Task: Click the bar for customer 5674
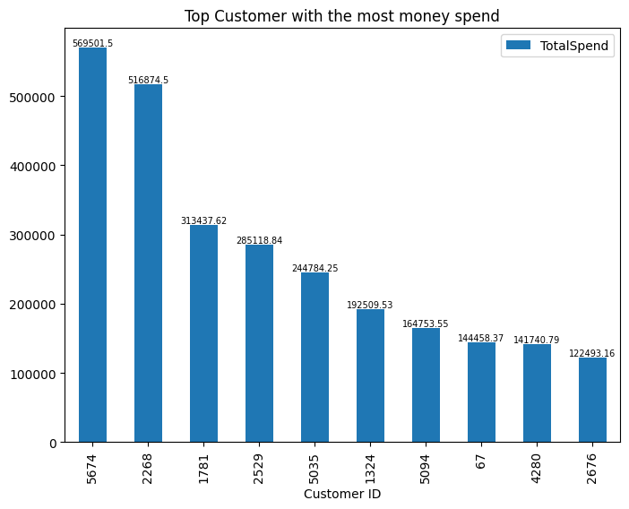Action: pos(92,245)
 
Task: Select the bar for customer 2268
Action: pos(148,263)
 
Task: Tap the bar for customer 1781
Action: pos(203,333)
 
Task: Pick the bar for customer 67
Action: pos(481,393)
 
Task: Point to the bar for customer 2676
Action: pos(592,400)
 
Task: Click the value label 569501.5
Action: pos(92,43)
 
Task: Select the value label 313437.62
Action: pos(203,220)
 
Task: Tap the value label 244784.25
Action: pos(314,268)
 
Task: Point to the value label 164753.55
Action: pos(426,324)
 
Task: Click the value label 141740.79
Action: pos(537,340)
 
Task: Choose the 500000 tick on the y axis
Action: pos(32,97)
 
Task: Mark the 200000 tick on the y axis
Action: pos(32,305)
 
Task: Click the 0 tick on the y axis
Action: pos(53,444)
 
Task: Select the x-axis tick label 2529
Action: pos(259,469)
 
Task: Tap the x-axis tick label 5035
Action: pos(314,469)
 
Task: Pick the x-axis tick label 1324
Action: pos(370,469)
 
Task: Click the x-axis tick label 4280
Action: pos(537,469)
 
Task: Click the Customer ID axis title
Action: pos(342,494)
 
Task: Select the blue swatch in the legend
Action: pos(518,45)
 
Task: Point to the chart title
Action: pos(341,16)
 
